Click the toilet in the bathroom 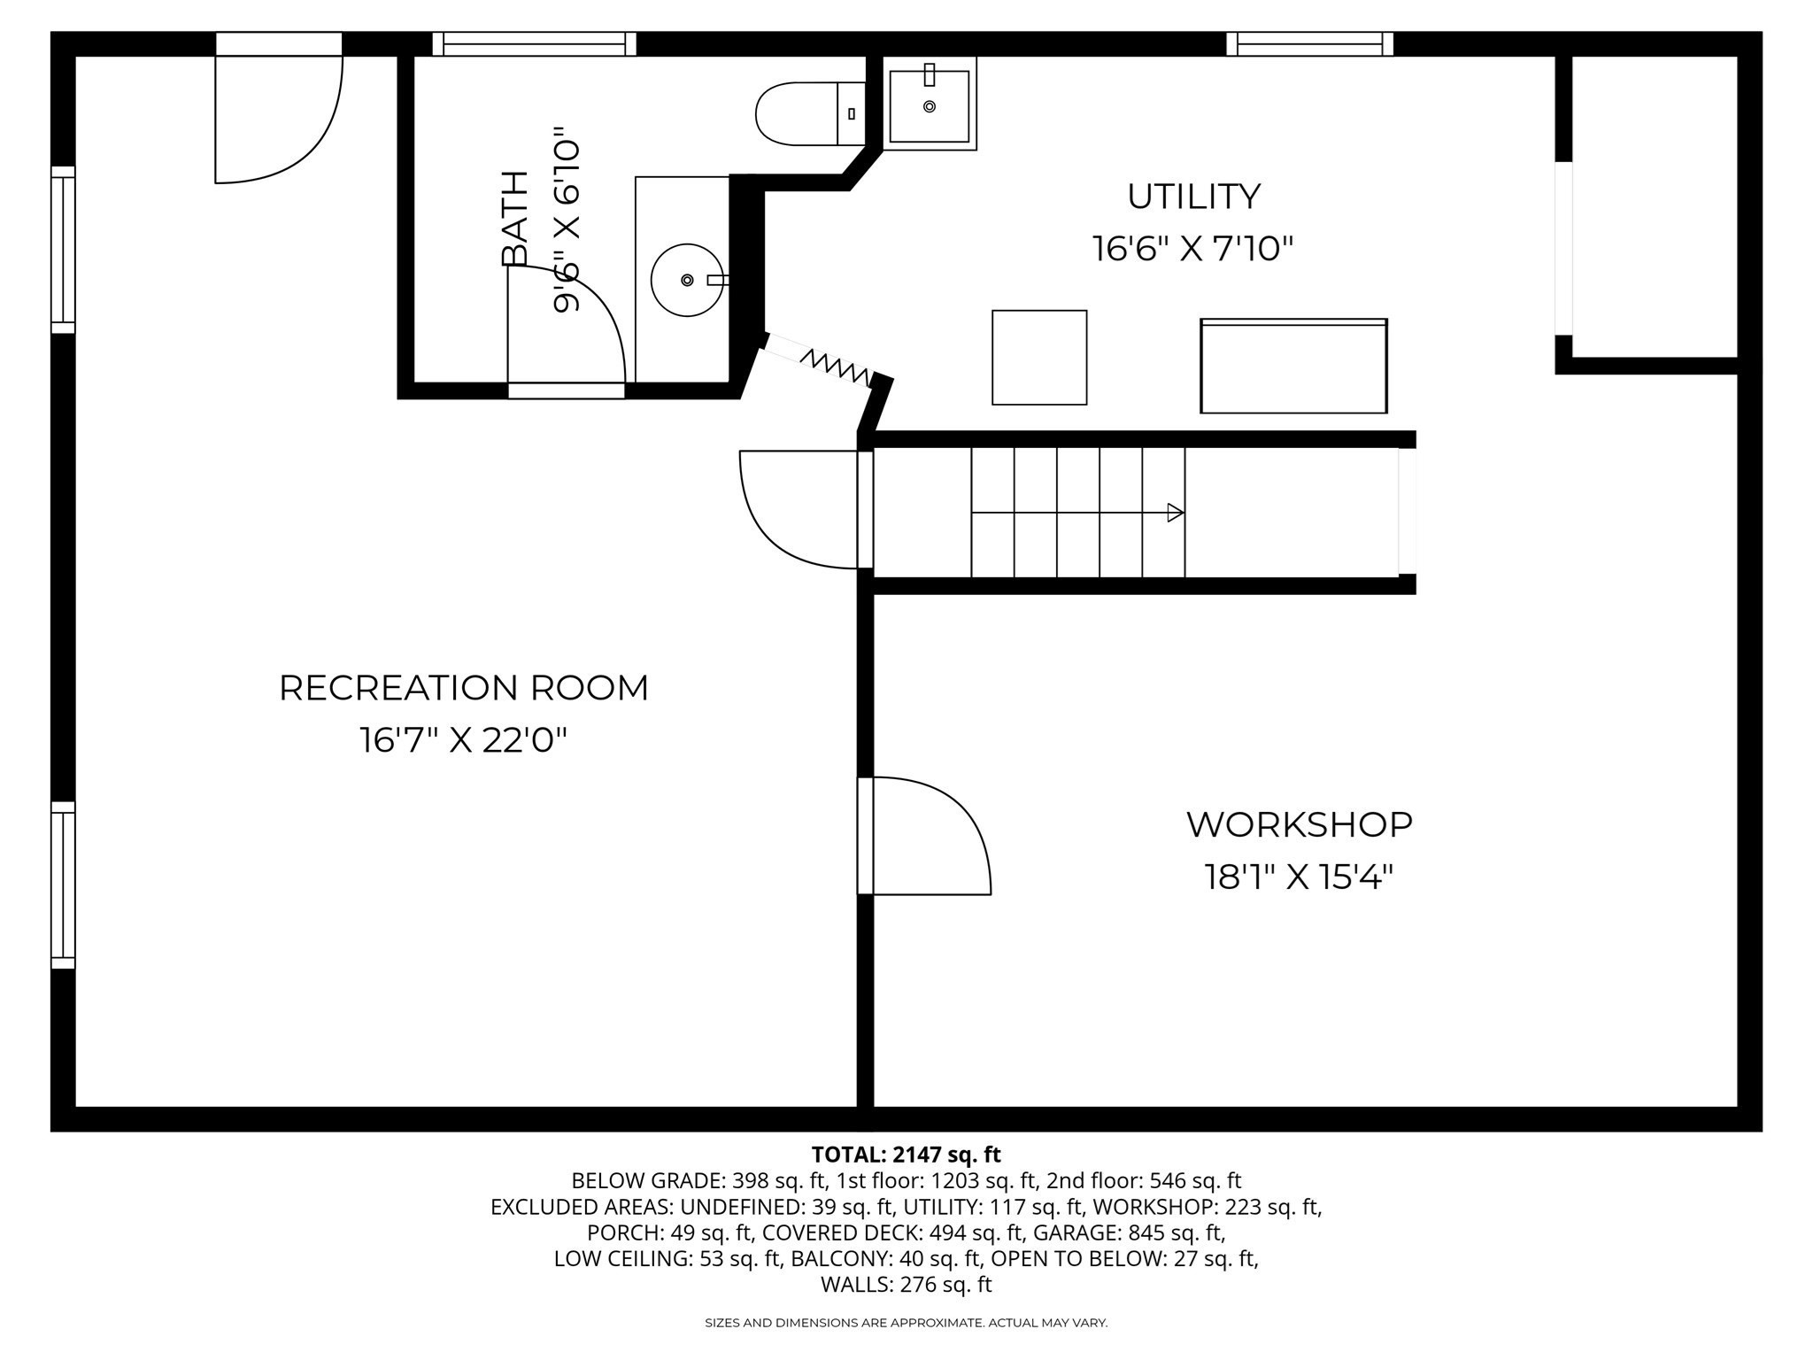tap(806, 114)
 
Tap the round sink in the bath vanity tap(687, 280)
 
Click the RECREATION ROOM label tap(463, 688)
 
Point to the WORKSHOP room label tap(1299, 824)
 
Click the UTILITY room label tap(1193, 197)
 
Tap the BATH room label tap(514, 219)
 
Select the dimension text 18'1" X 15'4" tap(1299, 877)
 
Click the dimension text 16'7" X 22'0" tap(463, 740)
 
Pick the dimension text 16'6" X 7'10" tap(1193, 249)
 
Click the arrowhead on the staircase tap(1176, 513)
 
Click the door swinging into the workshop tap(930, 837)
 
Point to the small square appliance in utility tap(1039, 358)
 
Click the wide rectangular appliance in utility tap(1293, 366)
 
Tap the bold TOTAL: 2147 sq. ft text tap(906, 1155)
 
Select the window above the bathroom tap(535, 44)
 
